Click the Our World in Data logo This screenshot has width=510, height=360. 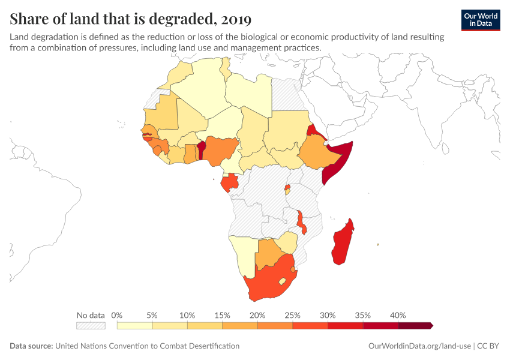coord(480,19)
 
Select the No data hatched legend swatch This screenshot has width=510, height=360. coord(91,326)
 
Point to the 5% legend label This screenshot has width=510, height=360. coord(152,315)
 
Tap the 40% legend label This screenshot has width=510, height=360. coord(398,315)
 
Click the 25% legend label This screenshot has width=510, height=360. coord(292,315)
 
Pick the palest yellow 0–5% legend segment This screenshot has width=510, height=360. coord(134,326)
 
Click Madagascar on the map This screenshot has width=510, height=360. coord(343,243)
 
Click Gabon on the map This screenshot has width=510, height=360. coord(229,182)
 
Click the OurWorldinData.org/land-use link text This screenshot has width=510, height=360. coord(419,346)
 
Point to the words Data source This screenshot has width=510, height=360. coord(31,346)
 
